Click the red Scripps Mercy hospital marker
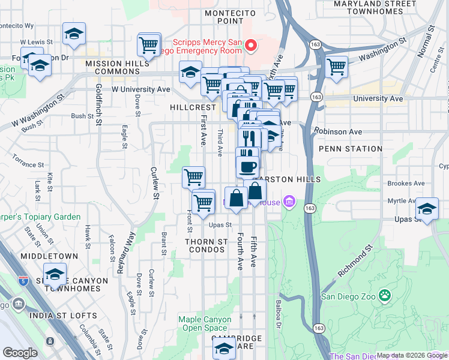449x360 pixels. [x=252, y=46]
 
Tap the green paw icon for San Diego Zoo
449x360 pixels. [x=384, y=296]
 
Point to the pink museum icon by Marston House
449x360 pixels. [x=290, y=202]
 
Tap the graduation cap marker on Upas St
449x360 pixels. [x=427, y=209]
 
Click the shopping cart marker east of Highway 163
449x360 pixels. [x=337, y=67]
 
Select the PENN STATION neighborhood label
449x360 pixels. [x=351, y=149]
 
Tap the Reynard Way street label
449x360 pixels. [x=124, y=254]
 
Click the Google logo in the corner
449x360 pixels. [x=20, y=353]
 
